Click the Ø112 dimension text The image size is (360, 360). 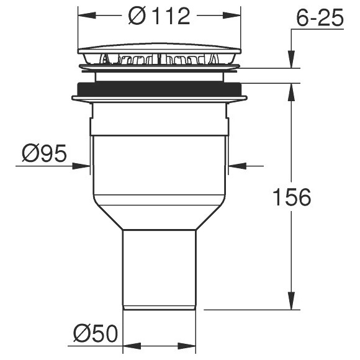[x=160, y=16]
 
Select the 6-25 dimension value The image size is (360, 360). [x=320, y=19]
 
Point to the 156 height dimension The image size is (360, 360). [x=292, y=197]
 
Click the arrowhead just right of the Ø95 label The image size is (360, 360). [x=84, y=166]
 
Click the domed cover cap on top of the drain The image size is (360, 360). [x=159, y=50]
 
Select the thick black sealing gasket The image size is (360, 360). [x=159, y=89]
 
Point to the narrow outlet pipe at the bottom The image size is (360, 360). [x=159, y=267]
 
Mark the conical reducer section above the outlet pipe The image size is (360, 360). [x=159, y=214]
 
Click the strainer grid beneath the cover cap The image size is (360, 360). [x=159, y=60]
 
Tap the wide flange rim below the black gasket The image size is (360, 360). [x=159, y=98]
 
